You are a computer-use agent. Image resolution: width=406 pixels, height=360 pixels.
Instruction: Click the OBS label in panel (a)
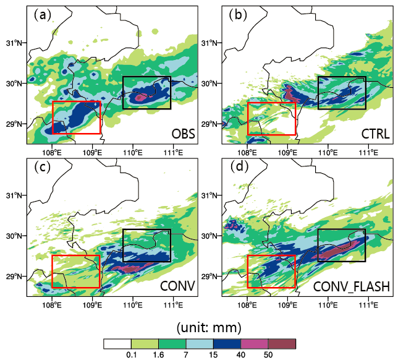pyautogui.click(x=184, y=134)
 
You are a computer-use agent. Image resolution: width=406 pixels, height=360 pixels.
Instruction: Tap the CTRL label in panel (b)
pyautogui.click(x=376, y=134)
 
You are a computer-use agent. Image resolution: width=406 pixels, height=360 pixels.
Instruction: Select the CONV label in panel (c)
pyautogui.click(x=177, y=286)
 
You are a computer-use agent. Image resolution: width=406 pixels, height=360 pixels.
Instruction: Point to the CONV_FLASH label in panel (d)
pyautogui.click(x=352, y=286)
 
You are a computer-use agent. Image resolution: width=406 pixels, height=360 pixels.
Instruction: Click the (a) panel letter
pyautogui.click(x=43, y=15)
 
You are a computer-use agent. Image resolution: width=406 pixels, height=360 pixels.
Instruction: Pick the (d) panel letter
pyautogui.click(x=239, y=166)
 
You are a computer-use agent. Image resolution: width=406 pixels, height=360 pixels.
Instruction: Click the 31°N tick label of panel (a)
pyautogui.click(x=14, y=43)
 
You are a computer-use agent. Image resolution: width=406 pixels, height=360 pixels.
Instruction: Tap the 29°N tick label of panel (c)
pyautogui.click(x=14, y=276)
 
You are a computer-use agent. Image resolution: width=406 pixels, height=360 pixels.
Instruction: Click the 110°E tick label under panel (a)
pyautogui.click(x=133, y=153)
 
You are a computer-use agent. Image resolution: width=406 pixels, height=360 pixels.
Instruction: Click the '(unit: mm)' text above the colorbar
pyautogui.click(x=209, y=328)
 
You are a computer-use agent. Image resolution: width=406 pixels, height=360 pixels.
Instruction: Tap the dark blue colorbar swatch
pyautogui.click(x=227, y=344)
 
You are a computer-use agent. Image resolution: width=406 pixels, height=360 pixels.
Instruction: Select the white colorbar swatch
pyautogui.click(x=117, y=344)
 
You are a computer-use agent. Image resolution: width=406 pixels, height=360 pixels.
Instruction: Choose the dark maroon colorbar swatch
pyautogui.click(x=282, y=344)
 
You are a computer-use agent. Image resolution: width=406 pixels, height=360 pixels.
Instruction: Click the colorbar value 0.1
pyautogui.click(x=132, y=354)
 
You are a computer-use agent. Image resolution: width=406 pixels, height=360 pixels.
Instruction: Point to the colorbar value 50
pyautogui.click(x=268, y=354)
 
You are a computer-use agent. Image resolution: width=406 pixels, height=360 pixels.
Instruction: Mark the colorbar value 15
pyautogui.click(x=213, y=354)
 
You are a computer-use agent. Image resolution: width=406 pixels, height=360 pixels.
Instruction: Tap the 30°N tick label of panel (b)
pyautogui.click(x=209, y=84)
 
